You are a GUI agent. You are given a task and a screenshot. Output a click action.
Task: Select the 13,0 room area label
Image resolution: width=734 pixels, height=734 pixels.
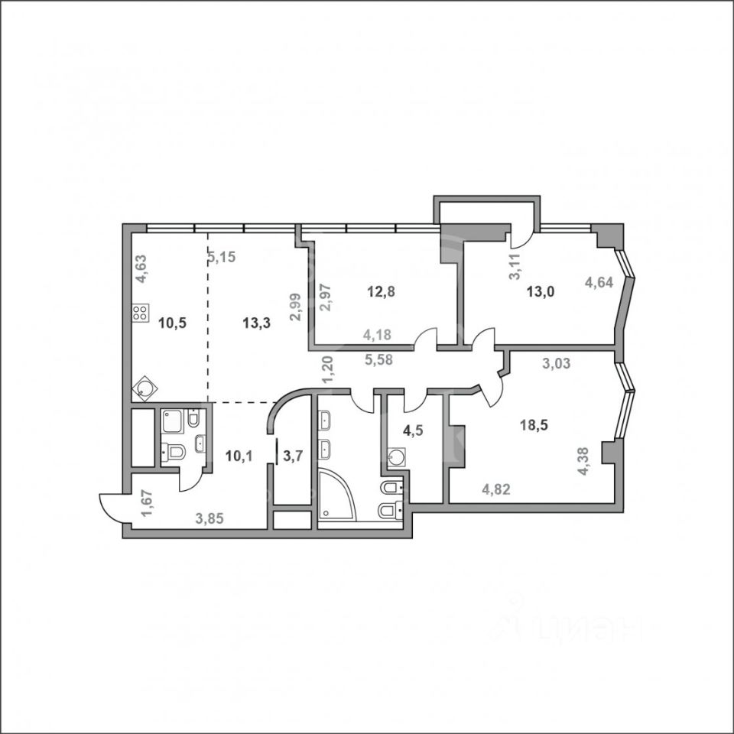click(x=541, y=291)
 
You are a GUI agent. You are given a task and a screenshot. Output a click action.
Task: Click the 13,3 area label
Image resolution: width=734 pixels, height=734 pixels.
click(x=256, y=323)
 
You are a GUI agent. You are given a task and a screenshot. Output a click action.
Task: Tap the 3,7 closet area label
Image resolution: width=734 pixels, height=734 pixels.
click(x=293, y=457)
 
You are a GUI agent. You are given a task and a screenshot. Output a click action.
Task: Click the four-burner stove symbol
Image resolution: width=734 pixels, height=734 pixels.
click(x=141, y=312)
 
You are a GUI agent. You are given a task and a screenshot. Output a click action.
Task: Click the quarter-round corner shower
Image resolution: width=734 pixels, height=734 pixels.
click(x=336, y=497)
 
